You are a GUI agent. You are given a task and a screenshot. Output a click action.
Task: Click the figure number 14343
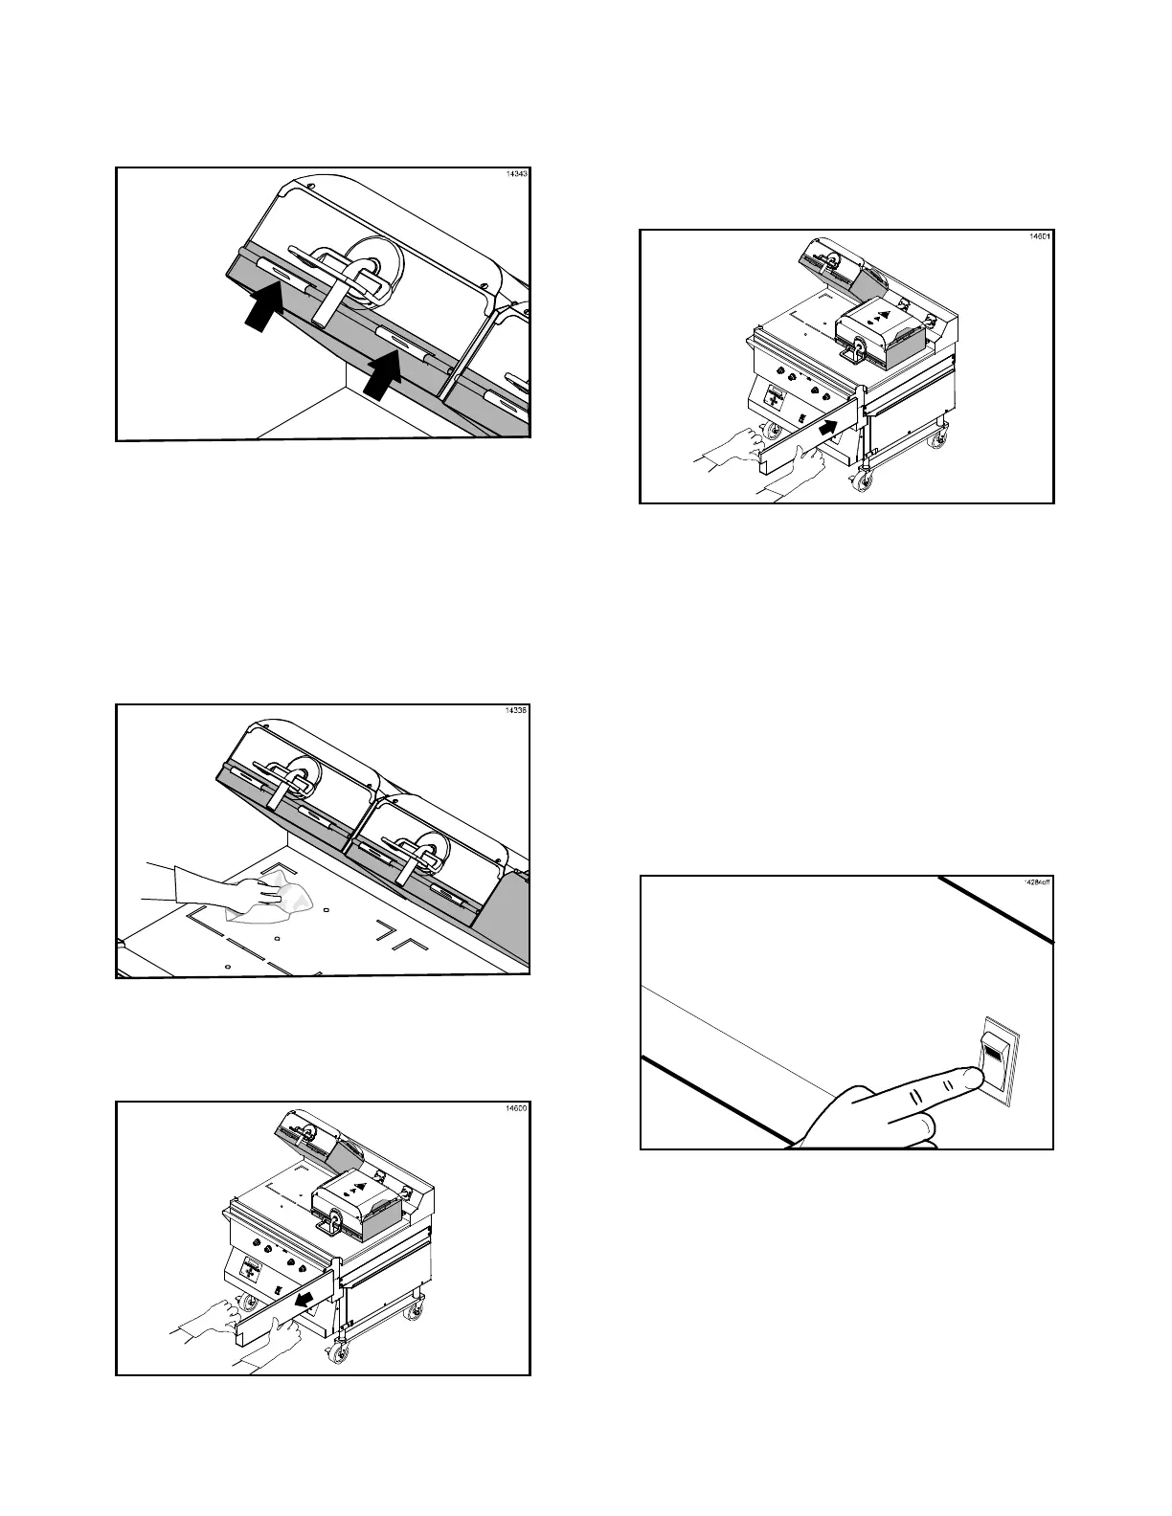click(516, 175)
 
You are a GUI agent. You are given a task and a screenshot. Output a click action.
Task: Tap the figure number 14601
click(1040, 236)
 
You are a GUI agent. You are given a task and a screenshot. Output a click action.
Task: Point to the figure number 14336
click(516, 711)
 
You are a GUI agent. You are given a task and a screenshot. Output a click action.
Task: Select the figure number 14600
click(516, 1108)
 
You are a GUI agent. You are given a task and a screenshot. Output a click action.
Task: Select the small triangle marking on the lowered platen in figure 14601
click(885, 314)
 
